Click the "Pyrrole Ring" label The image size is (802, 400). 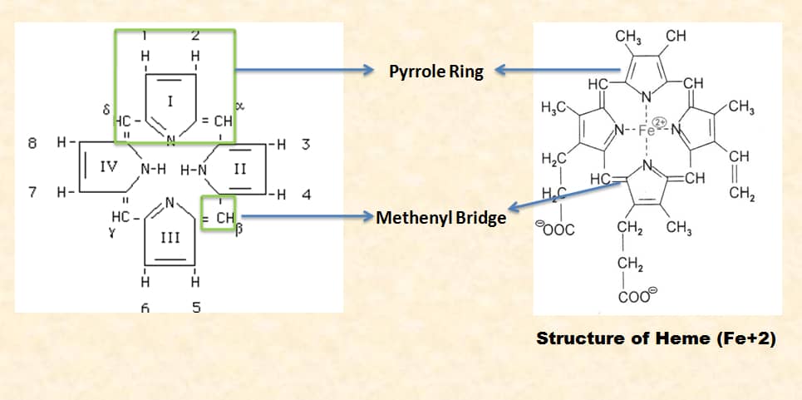pyautogui.click(x=435, y=72)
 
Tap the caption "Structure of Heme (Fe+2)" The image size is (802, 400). pyautogui.click(x=656, y=338)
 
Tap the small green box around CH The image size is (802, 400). pyautogui.click(x=219, y=213)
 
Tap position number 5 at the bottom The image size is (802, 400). pyautogui.click(x=196, y=307)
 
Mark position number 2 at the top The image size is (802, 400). pyautogui.click(x=196, y=35)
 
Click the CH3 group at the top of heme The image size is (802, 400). pyautogui.click(x=627, y=37)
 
